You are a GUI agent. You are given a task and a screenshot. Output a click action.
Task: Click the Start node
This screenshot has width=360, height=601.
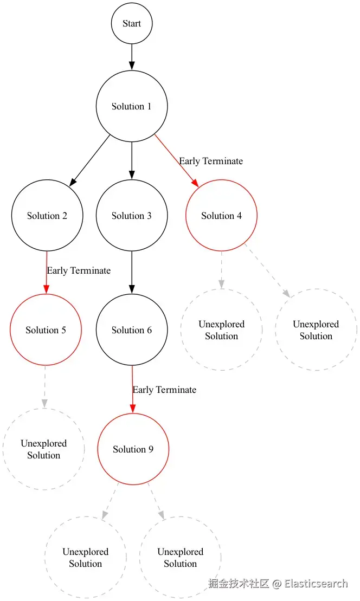click(x=132, y=24)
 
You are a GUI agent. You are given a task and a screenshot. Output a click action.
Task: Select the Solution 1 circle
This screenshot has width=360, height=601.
click(x=132, y=106)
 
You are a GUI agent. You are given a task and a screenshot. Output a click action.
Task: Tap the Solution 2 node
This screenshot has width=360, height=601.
click(x=47, y=216)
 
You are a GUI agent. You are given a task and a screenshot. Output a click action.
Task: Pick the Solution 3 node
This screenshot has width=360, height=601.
click(x=132, y=216)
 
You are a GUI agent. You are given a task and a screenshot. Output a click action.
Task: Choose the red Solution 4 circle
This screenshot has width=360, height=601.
click(x=221, y=216)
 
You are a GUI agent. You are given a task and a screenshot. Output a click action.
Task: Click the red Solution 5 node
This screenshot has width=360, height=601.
click(x=46, y=330)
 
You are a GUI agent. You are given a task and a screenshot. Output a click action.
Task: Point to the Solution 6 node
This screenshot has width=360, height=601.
click(x=132, y=330)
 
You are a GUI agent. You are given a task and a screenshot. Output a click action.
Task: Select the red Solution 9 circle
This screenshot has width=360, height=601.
click(x=133, y=449)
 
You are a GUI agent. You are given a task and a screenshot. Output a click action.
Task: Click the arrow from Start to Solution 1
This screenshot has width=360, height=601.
click(x=132, y=57)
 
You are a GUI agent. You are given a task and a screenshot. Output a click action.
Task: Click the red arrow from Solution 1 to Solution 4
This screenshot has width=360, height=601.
click(x=177, y=160)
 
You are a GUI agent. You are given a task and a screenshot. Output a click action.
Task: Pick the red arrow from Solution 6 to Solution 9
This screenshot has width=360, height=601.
click(x=133, y=390)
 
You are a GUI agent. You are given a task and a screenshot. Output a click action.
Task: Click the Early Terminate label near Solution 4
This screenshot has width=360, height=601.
click(x=211, y=161)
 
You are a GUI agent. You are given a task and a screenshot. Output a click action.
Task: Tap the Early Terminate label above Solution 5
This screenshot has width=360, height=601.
click(x=79, y=270)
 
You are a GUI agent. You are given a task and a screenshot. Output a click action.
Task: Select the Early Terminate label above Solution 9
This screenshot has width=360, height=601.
click(x=164, y=390)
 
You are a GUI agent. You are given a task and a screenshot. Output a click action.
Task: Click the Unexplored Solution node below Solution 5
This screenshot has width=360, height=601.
click(x=44, y=449)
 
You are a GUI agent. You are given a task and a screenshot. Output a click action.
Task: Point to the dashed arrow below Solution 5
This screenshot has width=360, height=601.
click(x=44, y=387)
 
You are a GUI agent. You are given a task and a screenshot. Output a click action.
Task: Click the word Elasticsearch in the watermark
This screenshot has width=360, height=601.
click(x=316, y=584)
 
